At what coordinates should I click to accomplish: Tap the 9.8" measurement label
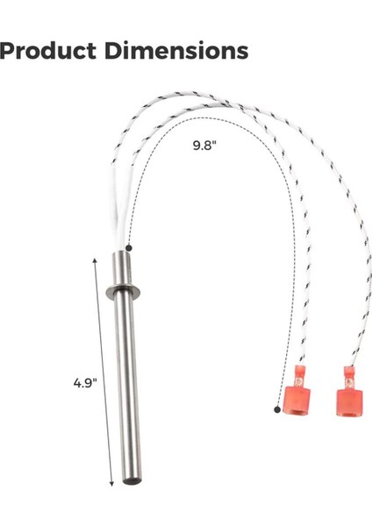tap(204, 145)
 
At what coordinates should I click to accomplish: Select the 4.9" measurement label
tap(85, 382)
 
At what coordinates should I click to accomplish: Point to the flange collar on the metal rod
tap(125, 291)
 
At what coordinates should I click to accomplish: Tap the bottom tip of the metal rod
tap(131, 483)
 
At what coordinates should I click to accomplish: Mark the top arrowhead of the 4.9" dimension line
tap(95, 259)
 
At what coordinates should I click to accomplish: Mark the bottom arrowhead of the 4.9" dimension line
tap(111, 484)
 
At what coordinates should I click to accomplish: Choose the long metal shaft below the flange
tap(128, 386)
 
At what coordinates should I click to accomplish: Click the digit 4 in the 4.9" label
tap(77, 383)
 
